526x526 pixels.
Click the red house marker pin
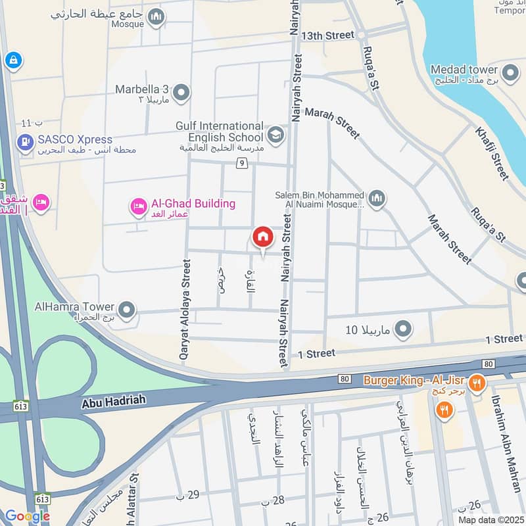click(x=262, y=237)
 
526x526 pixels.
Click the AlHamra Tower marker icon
click(x=126, y=308)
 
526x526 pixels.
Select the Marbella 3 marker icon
click(x=182, y=93)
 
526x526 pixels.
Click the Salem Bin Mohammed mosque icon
click(x=376, y=199)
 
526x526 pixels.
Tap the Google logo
click(x=27, y=516)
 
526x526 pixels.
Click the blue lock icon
click(x=12, y=61)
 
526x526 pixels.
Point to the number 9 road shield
click(x=243, y=162)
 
